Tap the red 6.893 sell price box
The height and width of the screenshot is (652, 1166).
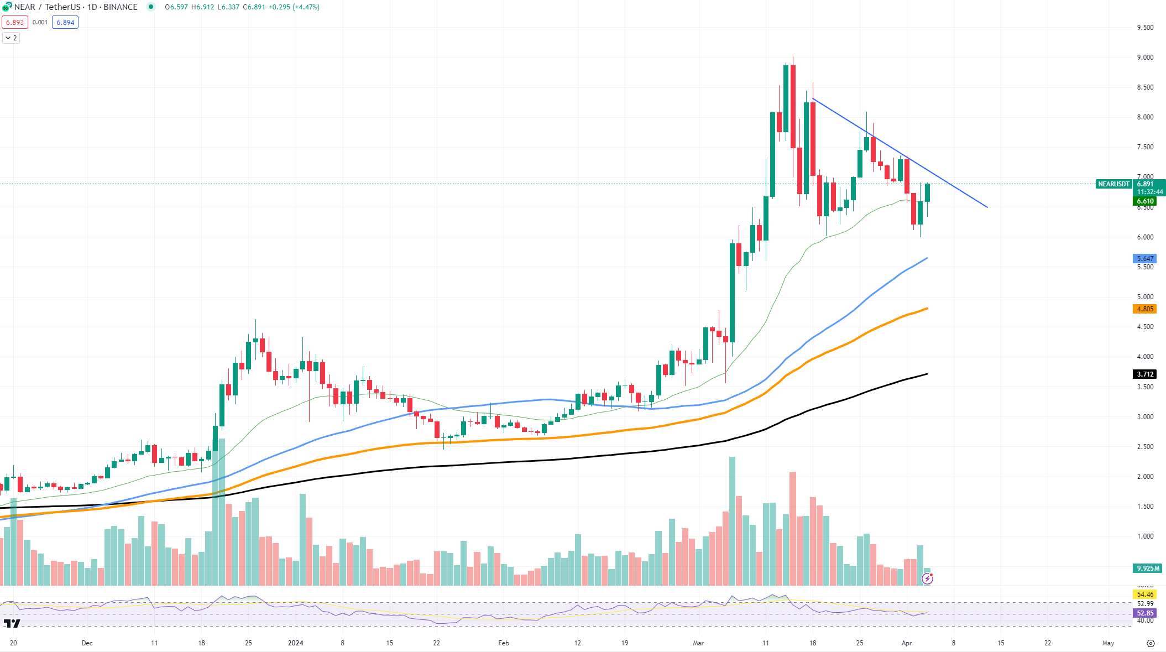[x=14, y=23]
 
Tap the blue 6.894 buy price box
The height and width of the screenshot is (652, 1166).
[x=65, y=23]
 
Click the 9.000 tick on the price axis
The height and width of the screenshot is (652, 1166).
[x=1145, y=58]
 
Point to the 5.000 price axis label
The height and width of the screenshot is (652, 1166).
[x=1145, y=297]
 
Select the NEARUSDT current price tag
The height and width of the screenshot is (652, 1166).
[x=1113, y=184]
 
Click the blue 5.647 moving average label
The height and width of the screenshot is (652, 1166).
[x=1144, y=259]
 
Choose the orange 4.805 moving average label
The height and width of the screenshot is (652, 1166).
[x=1144, y=309]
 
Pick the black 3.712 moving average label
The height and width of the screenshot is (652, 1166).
[x=1144, y=374]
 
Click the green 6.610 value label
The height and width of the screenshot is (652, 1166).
[x=1144, y=201]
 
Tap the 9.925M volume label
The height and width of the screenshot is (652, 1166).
[x=1148, y=568]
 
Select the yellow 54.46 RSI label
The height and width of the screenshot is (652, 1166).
[x=1144, y=594]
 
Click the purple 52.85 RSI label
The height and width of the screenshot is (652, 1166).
[x=1144, y=613]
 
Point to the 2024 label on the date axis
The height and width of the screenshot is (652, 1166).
[x=296, y=643]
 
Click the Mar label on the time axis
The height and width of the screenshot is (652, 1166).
[x=698, y=643]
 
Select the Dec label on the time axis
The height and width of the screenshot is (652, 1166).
[x=87, y=643]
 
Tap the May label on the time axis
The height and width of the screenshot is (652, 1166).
[x=1108, y=643]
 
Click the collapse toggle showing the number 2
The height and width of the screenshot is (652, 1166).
[x=11, y=38]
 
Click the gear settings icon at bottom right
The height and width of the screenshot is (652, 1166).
[x=1151, y=643]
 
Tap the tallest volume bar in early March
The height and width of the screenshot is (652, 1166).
[x=732, y=520]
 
